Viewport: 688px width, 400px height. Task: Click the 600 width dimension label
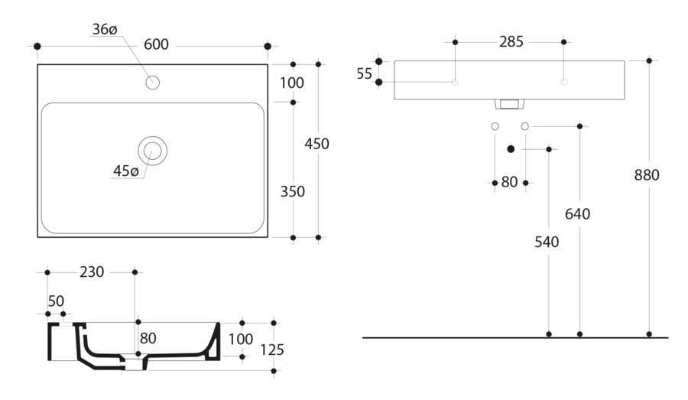pyautogui.click(x=156, y=44)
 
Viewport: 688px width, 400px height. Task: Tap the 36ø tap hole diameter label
pyautogui.click(x=104, y=29)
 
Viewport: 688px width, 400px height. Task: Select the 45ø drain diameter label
pyautogui.click(x=125, y=171)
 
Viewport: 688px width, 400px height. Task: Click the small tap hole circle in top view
pyautogui.click(x=152, y=83)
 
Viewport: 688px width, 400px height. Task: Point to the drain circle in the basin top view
pyautogui.click(x=152, y=151)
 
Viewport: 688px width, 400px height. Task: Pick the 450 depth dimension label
pyautogui.click(x=316, y=144)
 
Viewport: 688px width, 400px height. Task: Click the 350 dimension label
pyautogui.click(x=292, y=191)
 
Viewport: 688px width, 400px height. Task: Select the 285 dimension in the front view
pyautogui.click(x=511, y=42)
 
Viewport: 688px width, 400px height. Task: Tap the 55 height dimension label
pyautogui.click(x=364, y=73)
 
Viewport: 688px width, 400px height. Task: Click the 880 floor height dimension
pyautogui.click(x=647, y=175)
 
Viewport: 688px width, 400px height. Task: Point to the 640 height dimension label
pyautogui.click(x=578, y=214)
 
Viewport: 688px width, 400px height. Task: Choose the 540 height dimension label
pyautogui.click(x=547, y=242)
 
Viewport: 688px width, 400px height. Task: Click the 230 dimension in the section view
pyautogui.click(x=92, y=272)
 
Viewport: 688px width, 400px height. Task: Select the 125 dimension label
pyautogui.click(x=272, y=350)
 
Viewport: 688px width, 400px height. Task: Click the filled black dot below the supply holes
pyautogui.click(x=511, y=148)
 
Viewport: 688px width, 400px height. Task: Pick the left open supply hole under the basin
pyautogui.click(x=495, y=125)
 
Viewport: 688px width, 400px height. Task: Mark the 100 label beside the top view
pyautogui.click(x=291, y=83)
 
